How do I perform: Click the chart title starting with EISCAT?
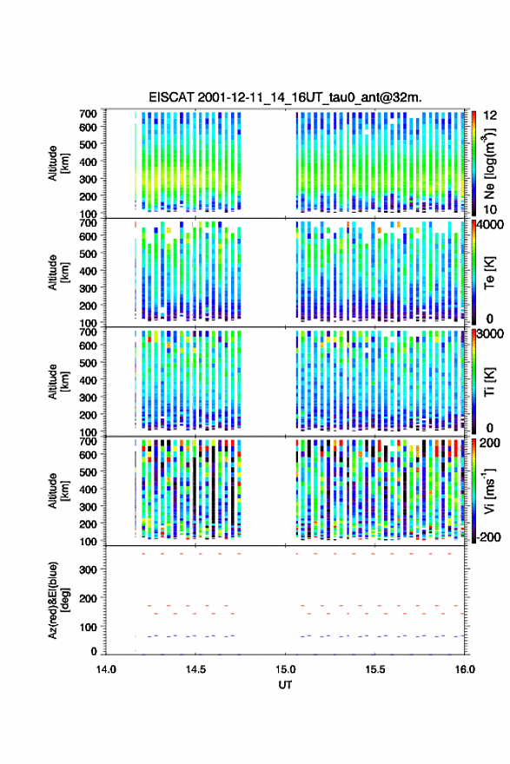pos(285,97)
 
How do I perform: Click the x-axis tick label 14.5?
pos(195,669)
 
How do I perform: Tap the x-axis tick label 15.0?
pos(285,669)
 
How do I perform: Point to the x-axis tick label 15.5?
pos(375,669)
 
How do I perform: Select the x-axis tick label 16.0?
pos(465,669)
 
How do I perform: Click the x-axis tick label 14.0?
pos(106,669)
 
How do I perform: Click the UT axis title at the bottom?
pos(285,685)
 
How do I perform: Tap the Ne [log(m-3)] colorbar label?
pos(489,164)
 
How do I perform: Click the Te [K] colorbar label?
pos(489,273)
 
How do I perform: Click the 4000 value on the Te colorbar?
pos(490,225)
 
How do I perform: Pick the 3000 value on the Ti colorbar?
pos(490,333)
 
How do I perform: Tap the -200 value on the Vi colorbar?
pos(487,537)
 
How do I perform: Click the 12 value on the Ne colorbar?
pos(490,115)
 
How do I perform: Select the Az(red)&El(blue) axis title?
pos(59,600)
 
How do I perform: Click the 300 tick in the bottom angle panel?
pos(89,570)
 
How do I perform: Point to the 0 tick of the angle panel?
pos(94,651)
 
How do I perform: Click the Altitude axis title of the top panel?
pos(59,163)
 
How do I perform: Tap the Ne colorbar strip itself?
pos(474,163)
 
